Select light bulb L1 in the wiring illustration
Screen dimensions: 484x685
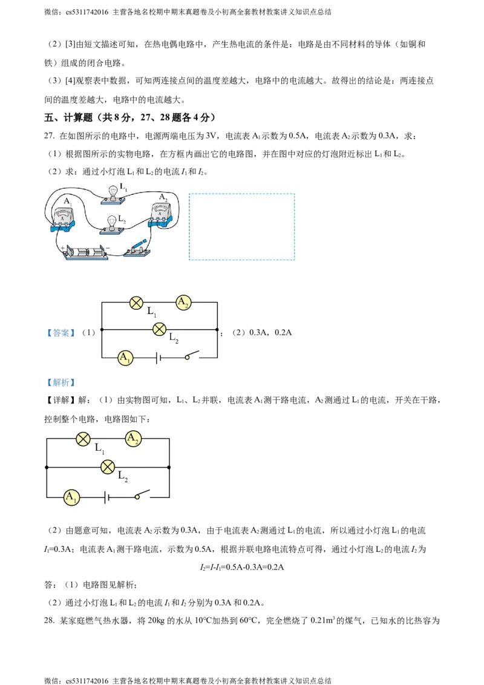pyautogui.click(x=114, y=195)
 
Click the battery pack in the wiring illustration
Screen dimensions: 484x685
pyautogui.click(x=86, y=252)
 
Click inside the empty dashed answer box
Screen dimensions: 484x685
pyautogui.click(x=241, y=227)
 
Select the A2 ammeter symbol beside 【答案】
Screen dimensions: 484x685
pyautogui.click(x=183, y=303)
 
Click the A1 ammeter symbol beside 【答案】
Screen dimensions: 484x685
pyautogui.click(x=125, y=358)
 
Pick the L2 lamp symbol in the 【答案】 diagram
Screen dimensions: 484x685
pyautogui.click(x=160, y=329)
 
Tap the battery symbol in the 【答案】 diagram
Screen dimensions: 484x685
pyautogui.click(x=159, y=358)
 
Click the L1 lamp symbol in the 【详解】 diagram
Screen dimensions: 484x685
pyautogui.click(x=83, y=439)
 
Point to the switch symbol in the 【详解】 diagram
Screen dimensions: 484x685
pyautogui.click(x=142, y=494)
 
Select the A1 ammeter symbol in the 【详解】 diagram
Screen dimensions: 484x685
pyautogui.click(x=71, y=497)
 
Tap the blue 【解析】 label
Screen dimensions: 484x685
pyautogui.click(x=60, y=382)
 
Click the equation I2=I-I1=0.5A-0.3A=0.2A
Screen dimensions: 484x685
pyautogui.click(x=242, y=567)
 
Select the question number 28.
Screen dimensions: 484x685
pyautogui.click(x=49, y=620)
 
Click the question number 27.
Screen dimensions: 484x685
pyautogui.click(x=49, y=136)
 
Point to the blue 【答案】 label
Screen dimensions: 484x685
pyautogui.click(x=60, y=333)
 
